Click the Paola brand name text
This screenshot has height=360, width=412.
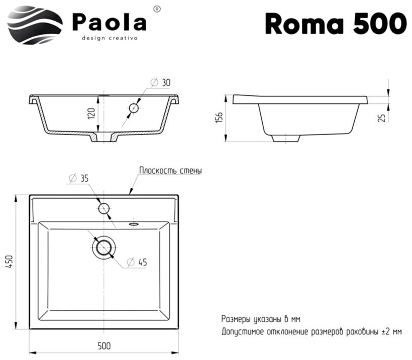point(109,22)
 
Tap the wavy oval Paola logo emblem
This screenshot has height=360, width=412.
point(35,25)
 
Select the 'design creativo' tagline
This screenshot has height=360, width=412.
point(110,38)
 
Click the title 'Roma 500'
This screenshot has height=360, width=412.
point(336,24)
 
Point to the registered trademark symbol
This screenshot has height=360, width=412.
point(157,9)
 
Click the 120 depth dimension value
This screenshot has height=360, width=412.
point(91,113)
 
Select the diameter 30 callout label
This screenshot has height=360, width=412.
point(161,82)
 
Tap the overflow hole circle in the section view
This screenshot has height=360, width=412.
point(134,108)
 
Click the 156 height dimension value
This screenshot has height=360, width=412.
point(219,117)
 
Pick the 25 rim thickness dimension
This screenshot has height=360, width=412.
point(382,117)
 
